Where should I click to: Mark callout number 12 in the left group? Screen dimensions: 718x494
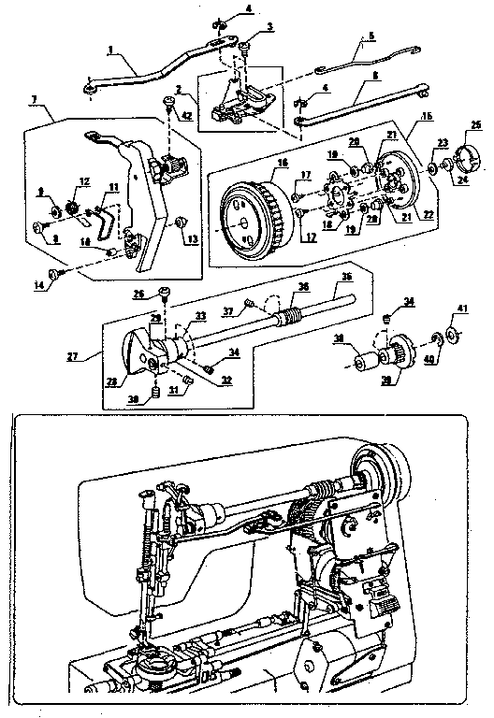[x=83, y=181]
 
